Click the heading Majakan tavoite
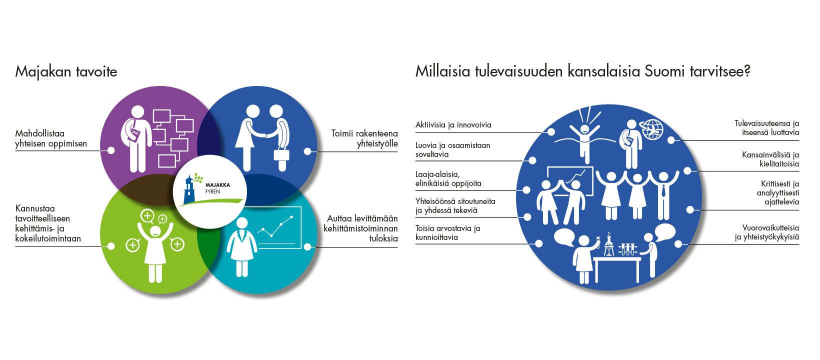tap(66, 71)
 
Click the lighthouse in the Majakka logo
tap(189, 189)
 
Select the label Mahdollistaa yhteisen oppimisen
tap(51, 138)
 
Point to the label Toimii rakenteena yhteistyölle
tap(364, 138)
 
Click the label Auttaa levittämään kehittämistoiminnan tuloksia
tap(360, 228)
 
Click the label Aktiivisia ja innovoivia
tap(453, 125)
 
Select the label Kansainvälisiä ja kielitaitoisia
tap(770, 159)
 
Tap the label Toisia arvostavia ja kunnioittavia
tap(447, 233)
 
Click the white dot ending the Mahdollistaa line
tap(111, 150)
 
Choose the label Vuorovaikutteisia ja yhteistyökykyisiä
tap(767, 232)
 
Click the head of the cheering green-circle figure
tap(155, 230)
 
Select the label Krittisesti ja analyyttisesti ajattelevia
tap(778, 192)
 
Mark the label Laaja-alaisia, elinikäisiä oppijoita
tap(448, 178)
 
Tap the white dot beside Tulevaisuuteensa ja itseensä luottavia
tap(671, 140)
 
